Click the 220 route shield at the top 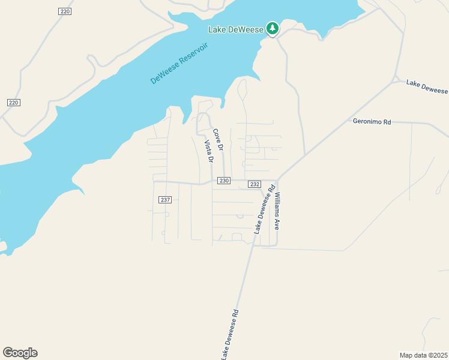(x=65, y=11)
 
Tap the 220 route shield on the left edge (x=14, y=103)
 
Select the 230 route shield (x=224, y=181)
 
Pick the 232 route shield (x=254, y=184)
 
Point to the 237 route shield (x=166, y=199)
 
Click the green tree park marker (x=273, y=28)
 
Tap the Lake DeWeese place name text (x=236, y=29)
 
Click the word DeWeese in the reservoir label (x=162, y=72)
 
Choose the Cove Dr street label (x=218, y=139)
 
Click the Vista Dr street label (x=208, y=152)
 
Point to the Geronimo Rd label (x=372, y=122)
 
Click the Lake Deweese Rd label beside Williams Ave (x=264, y=209)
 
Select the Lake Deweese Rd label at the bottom (x=230, y=335)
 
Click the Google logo (x=20, y=353)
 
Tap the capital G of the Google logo (x=7, y=353)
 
